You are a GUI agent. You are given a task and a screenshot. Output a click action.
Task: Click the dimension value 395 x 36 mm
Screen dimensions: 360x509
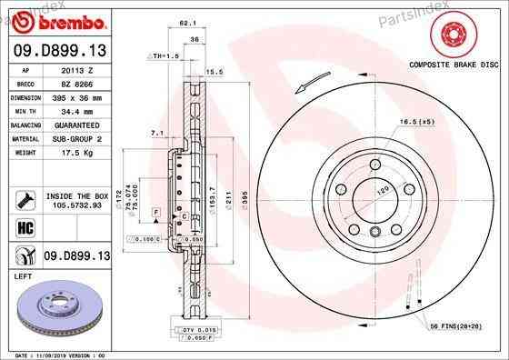[76, 95]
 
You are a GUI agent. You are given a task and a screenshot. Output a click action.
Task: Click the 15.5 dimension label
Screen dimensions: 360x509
[215, 71]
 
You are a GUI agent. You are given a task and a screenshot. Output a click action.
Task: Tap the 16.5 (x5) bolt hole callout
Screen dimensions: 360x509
[414, 121]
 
